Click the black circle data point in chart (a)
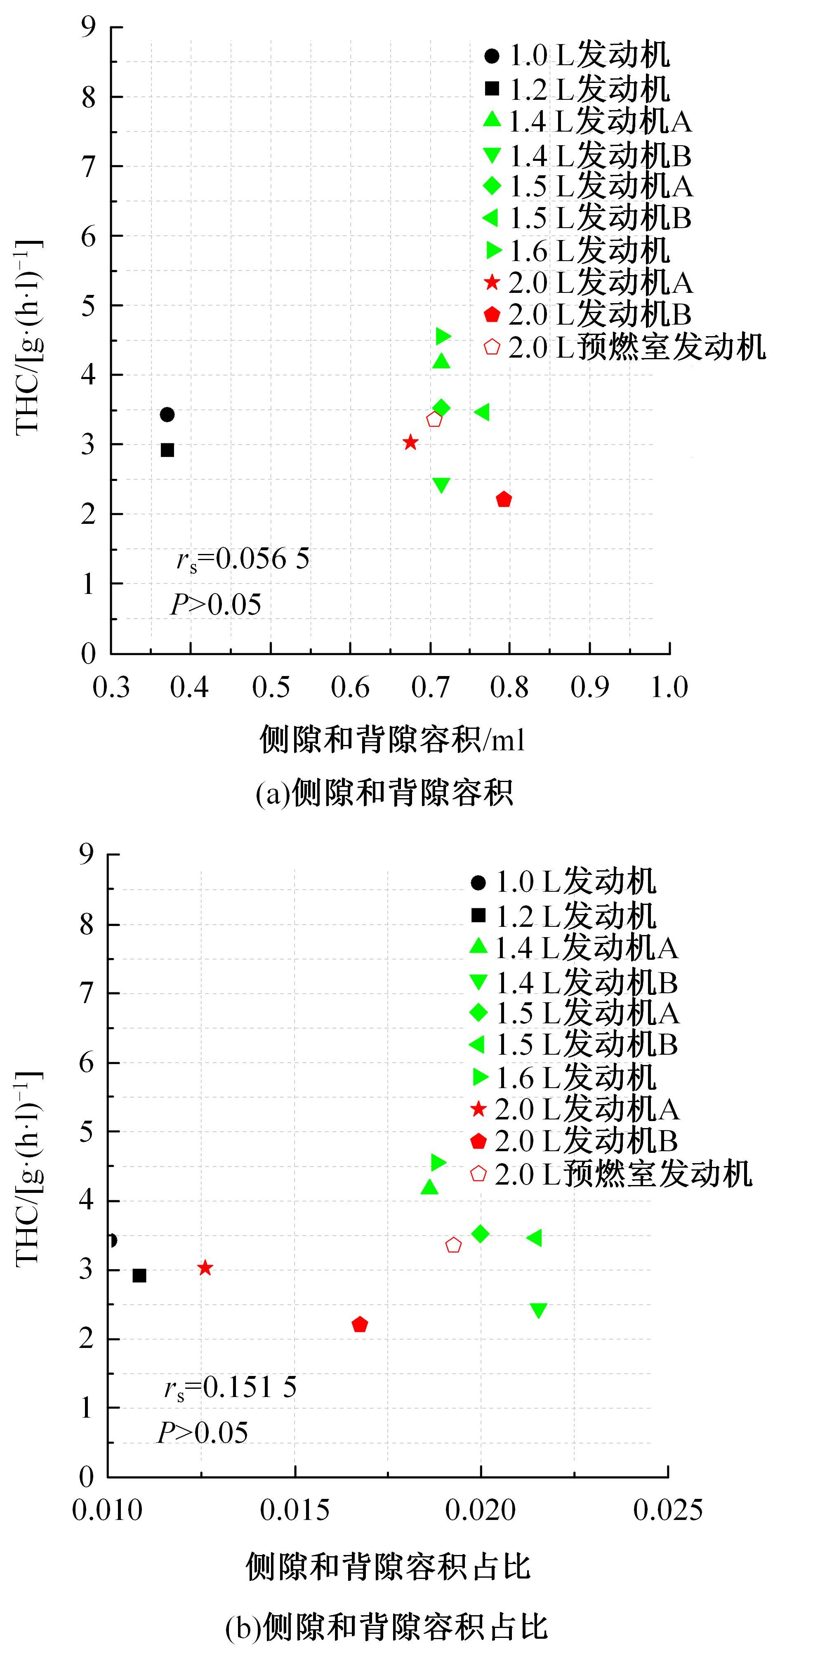point(167,414)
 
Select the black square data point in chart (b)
point(139,1275)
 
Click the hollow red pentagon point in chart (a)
point(434,419)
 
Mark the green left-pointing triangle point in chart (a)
point(482,411)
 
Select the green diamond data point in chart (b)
point(480,1234)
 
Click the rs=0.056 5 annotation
point(243,559)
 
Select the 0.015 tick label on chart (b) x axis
point(295,1510)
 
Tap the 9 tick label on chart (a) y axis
point(88,27)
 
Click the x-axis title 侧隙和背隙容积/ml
point(392,740)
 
